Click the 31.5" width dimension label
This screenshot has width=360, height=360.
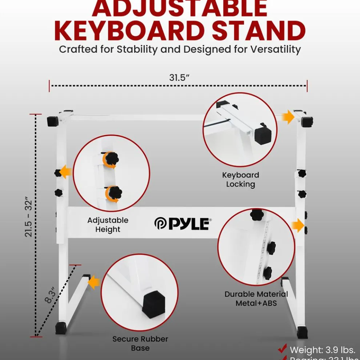coord(180,77)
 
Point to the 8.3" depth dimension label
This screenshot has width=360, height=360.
coord(51,295)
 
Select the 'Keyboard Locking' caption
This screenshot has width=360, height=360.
coord(240,180)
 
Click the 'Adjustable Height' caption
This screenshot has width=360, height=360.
coord(108,225)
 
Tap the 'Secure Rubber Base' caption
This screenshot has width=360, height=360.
coord(140,343)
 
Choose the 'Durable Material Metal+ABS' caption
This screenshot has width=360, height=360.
coord(256,299)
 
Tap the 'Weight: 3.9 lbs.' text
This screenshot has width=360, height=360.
coord(322,350)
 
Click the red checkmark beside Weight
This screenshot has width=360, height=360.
coord(282,349)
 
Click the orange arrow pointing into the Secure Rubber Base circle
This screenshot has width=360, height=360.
coord(94,282)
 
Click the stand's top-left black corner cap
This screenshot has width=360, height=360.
coord(53,121)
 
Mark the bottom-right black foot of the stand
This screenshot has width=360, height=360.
coord(302,332)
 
